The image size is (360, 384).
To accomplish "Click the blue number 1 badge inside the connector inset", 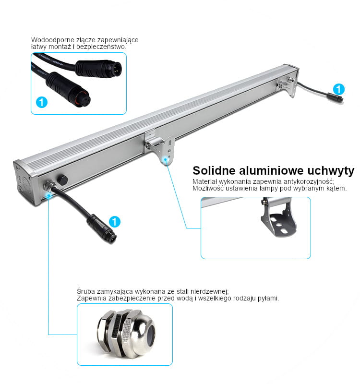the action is click(x=42, y=102).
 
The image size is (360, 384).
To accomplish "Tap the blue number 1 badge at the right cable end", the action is click(x=339, y=89).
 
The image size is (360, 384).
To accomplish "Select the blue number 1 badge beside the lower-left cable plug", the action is click(x=114, y=222).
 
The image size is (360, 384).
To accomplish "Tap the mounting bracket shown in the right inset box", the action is click(x=278, y=217).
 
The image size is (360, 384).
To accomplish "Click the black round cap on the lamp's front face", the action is click(x=62, y=179).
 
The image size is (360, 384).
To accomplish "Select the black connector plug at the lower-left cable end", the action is click(x=102, y=229).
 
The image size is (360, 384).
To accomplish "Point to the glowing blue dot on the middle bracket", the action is click(x=166, y=160).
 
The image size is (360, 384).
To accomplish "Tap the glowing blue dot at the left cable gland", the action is click(x=49, y=195).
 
